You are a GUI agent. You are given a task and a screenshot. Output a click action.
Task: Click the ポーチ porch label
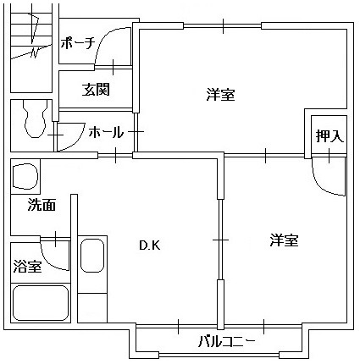[x=77, y=43]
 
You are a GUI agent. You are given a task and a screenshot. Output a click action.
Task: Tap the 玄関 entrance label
[x=96, y=90]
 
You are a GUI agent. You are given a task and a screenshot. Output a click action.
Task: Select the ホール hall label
[x=106, y=132]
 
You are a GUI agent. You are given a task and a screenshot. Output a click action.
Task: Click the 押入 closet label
[x=330, y=136]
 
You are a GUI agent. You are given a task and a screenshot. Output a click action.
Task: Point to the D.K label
[x=150, y=245]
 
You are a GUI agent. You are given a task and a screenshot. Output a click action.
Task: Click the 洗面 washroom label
[x=42, y=205]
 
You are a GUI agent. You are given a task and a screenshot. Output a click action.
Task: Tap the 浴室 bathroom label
[x=28, y=266]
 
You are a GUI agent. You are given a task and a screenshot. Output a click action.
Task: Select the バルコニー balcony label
[x=227, y=342]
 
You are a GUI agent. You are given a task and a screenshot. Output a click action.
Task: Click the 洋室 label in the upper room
[x=220, y=94]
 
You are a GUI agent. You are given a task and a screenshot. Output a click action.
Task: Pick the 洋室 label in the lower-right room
[x=284, y=240]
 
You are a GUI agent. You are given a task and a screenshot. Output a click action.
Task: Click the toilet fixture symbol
[x=35, y=119]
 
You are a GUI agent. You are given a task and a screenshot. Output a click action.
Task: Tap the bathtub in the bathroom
[x=40, y=303]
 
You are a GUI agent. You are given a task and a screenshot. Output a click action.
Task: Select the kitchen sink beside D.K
[x=92, y=256]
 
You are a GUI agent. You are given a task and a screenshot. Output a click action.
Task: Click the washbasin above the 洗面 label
[x=25, y=176]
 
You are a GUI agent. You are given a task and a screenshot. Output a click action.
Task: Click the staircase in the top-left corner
[x=31, y=48]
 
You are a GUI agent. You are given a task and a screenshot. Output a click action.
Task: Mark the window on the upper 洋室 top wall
[x=223, y=26]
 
